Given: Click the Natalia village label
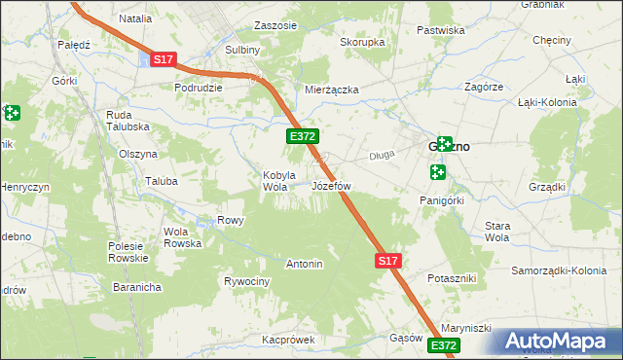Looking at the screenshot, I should [136, 18].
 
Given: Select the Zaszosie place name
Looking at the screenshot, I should [275, 25].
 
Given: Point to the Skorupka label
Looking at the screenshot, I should [362, 43].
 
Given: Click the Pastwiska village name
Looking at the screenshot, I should [440, 30].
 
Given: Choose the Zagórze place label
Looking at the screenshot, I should [483, 87].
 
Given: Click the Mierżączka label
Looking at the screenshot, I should [332, 90].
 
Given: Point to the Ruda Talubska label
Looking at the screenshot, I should [127, 121].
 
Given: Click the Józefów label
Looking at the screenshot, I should [330, 185].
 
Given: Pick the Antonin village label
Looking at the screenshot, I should [304, 264].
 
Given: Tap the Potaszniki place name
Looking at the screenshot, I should [452, 278].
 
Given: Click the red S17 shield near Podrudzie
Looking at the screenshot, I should [163, 60].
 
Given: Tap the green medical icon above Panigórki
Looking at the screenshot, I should [437, 172].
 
